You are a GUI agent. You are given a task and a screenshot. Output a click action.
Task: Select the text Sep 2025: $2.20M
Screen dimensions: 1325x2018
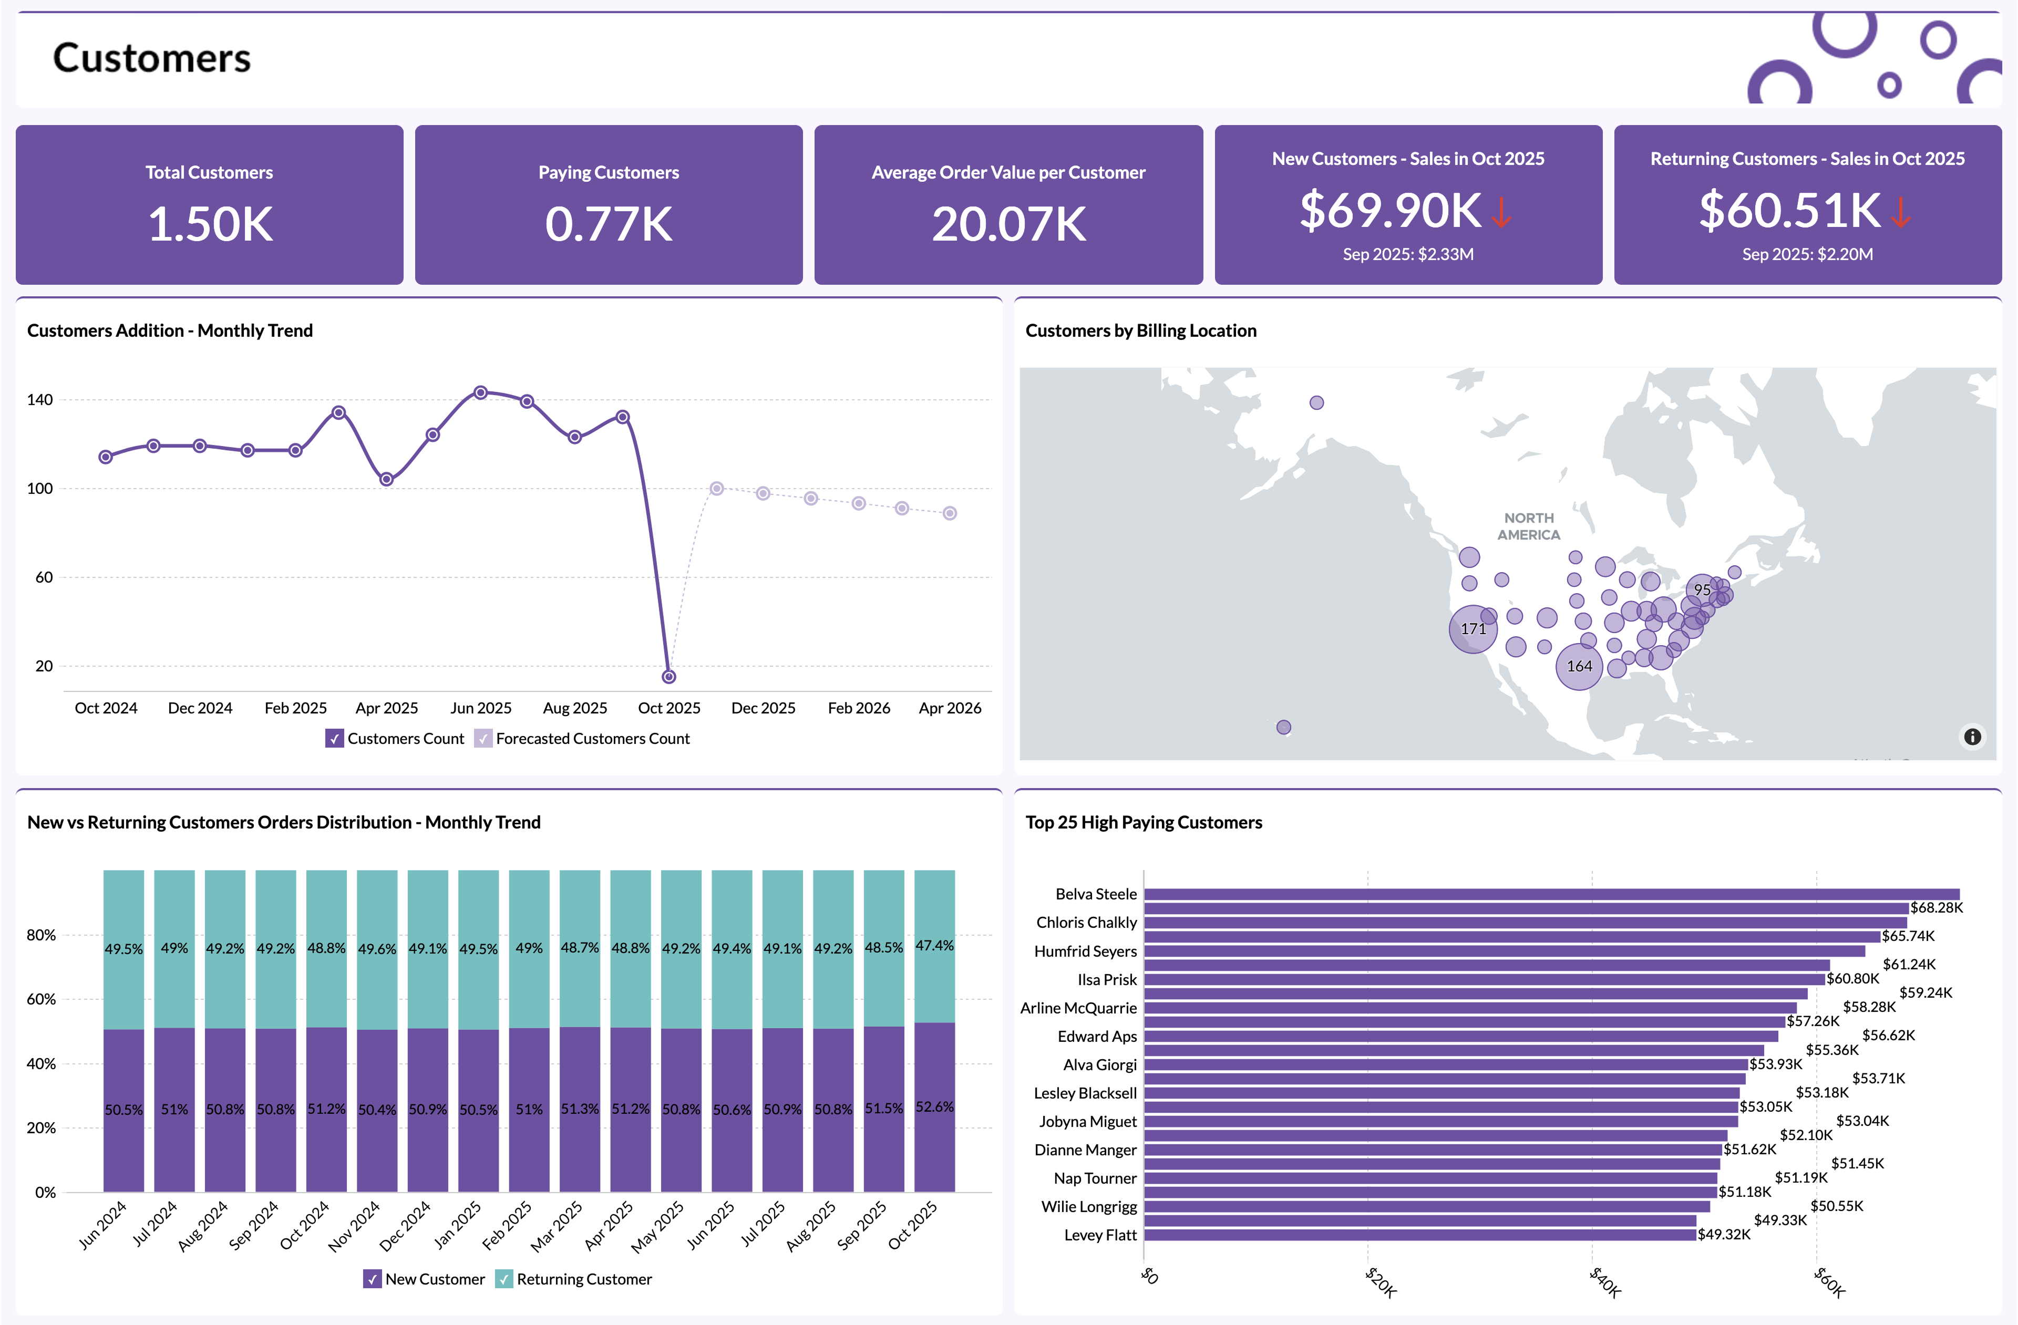(x=1806, y=254)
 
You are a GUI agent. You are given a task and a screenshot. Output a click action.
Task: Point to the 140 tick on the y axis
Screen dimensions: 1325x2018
(x=40, y=399)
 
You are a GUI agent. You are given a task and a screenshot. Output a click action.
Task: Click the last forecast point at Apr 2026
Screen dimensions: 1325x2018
(x=950, y=513)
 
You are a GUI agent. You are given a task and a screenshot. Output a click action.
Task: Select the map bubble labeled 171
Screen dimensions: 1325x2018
(x=1473, y=629)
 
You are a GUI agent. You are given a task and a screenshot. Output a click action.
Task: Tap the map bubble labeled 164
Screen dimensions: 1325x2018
(x=1578, y=666)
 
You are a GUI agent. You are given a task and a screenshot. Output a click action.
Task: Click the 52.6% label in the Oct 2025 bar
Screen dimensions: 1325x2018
(x=934, y=1107)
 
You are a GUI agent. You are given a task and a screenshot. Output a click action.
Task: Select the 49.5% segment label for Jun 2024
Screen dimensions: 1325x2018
(x=124, y=949)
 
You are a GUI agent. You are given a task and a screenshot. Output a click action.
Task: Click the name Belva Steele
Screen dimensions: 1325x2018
(x=1096, y=894)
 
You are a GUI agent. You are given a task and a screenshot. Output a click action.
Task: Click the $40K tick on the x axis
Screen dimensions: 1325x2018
(x=1604, y=1282)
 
